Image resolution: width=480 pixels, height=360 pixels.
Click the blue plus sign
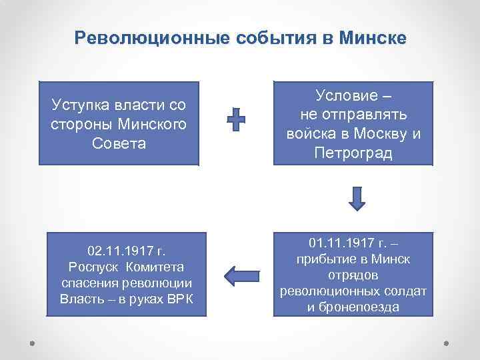point(235,121)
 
